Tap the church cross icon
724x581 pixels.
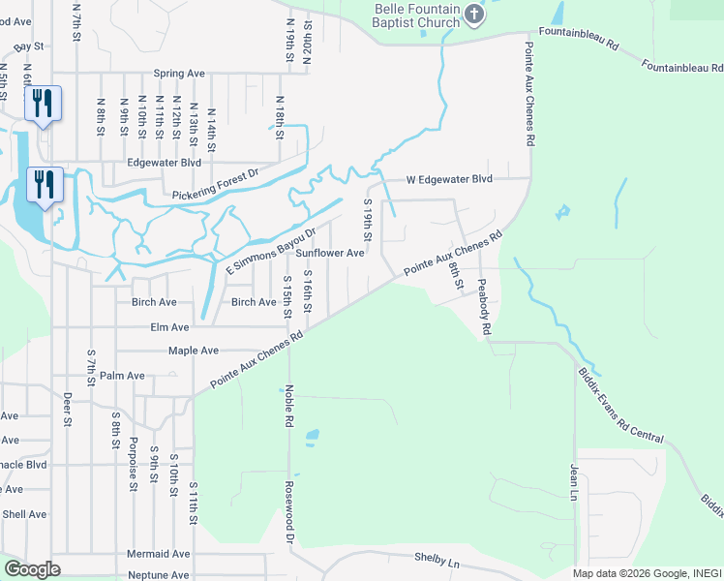click(473, 13)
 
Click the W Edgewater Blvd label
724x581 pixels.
click(448, 179)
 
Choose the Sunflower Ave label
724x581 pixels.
click(329, 253)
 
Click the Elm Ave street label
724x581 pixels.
click(169, 327)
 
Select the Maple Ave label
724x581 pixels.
click(194, 351)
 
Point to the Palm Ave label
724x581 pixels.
click(122, 376)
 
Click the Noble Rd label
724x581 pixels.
click(288, 407)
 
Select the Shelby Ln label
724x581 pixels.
click(437, 560)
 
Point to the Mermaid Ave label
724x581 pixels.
click(159, 554)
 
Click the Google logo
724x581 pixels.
click(32, 569)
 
